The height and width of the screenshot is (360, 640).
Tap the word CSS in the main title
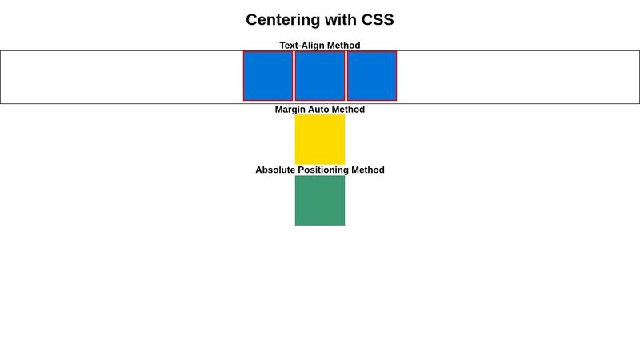374,20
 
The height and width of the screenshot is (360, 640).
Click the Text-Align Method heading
320,46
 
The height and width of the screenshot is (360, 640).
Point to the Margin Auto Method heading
320,110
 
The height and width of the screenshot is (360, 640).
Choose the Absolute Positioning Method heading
320,170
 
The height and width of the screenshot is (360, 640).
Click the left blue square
268,76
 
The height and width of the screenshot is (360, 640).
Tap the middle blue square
320,76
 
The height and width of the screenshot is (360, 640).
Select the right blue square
372,76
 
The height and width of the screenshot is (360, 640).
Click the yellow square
320,139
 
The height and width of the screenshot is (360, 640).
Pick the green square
320,201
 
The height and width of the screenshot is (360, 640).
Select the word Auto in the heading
320,110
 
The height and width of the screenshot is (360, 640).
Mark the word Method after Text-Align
344,46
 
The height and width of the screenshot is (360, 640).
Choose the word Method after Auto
349,110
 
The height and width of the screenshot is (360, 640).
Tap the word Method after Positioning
368,170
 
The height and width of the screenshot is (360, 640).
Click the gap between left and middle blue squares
294,76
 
